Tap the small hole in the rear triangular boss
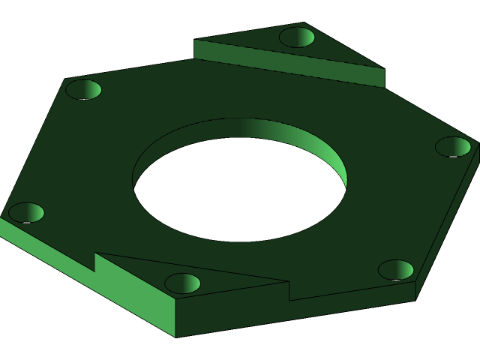[x=297, y=37]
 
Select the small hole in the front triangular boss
[x=182, y=283]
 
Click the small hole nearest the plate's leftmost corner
[x=26, y=213]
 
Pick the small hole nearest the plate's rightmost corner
[x=453, y=146]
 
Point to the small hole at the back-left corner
[x=83, y=90]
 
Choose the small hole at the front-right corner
[x=396, y=270]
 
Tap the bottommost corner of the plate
[x=175, y=336]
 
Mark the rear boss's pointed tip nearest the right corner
[x=383, y=68]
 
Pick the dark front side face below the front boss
[x=300, y=311]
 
